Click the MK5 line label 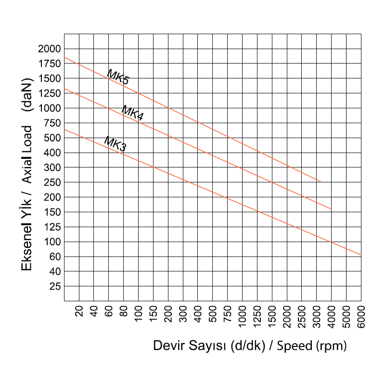118,77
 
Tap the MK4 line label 132,113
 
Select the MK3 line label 115,144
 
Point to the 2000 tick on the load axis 50,49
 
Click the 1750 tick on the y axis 50,64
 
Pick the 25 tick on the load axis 55,286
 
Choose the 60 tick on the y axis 55,257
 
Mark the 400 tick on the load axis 52,153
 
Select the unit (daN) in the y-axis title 27,96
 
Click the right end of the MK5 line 321,182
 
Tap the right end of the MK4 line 332,210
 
